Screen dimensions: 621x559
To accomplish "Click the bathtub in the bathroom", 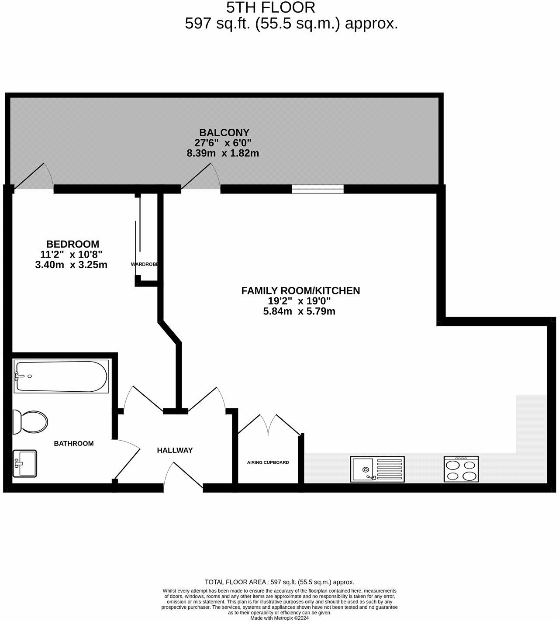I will pyautogui.click(x=61, y=376).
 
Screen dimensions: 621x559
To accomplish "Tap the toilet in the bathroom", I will pyautogui.click(x=31, y=422).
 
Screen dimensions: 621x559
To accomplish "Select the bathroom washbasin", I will pyautogui.click(x=25, y=463).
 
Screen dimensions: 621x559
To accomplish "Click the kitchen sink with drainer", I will pyautogui.click(x=377, y=469).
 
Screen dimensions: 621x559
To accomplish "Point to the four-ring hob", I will pyautogui.click(x=461, y=469).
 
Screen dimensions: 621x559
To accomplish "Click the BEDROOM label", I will pyautogui.click(x=72, y=244).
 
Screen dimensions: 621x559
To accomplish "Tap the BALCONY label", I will pyautogui.click(x=224, y=132).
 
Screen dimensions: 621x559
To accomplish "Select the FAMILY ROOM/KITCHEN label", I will pyautogui.click(x=300, y=290).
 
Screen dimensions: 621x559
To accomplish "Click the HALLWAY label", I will pyautogui.click(x=175, y=450).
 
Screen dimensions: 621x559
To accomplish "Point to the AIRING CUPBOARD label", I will pyautogui.click(x=268, y=462).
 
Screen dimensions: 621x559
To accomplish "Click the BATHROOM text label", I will pyautogui.click(x=73, y=443).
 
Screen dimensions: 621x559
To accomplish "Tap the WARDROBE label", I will pyautogui.click(x=144, y=264).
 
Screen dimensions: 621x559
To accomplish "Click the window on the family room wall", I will pyautogui.click(x=317, y=189).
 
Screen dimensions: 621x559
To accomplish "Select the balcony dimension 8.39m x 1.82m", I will pyautogui.click(x=223, y=153).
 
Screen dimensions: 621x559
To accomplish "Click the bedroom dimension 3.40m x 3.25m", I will pyautogui.click(x=71, y=265).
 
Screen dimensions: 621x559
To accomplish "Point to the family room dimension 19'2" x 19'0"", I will pyautogui.click(x=299, y=301).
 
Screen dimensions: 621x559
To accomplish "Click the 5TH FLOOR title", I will pyautogui.click(x=270, y=7).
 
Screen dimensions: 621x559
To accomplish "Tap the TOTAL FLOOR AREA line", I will pyautogui.click(x=279, y=582).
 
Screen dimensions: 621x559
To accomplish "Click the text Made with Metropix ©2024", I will pyautogui.click(x=279, y=618).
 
